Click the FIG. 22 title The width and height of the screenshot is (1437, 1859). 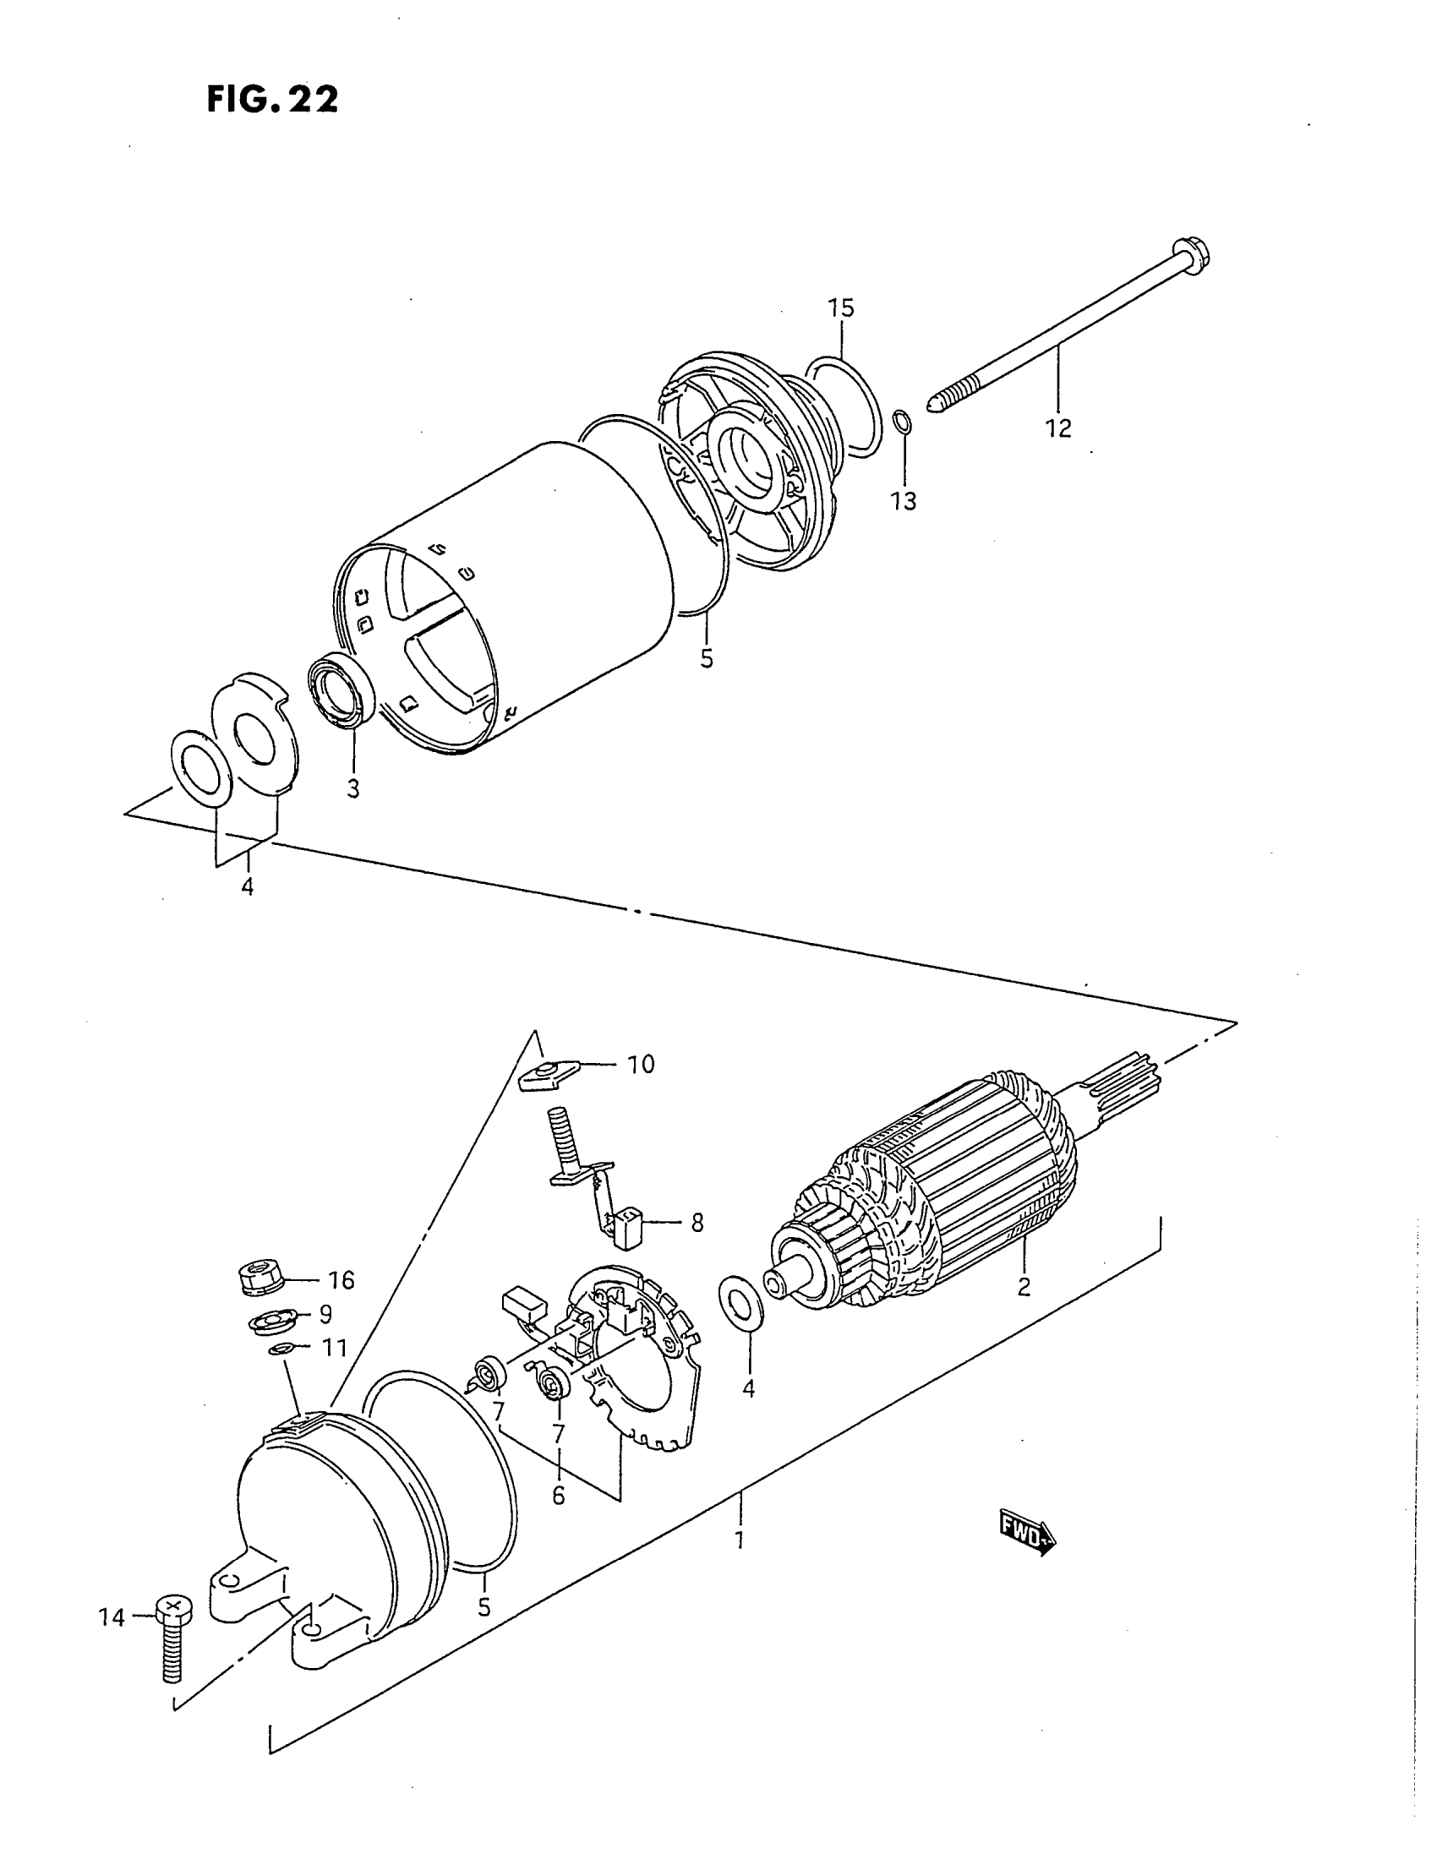pyautogui.click(x=272, y=99)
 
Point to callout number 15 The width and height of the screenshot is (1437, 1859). pyautogui.click(x=840, y=308)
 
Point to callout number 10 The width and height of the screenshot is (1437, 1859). pyautogui.click(x=641, y=1064)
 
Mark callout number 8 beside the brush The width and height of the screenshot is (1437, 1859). pyautogui.click(x=697, y=1224)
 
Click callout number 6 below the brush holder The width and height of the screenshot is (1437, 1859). pyautogui.click(x=559, y=1495)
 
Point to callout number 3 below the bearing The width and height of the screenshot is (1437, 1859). pyautogui.click(x=353, y=788)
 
